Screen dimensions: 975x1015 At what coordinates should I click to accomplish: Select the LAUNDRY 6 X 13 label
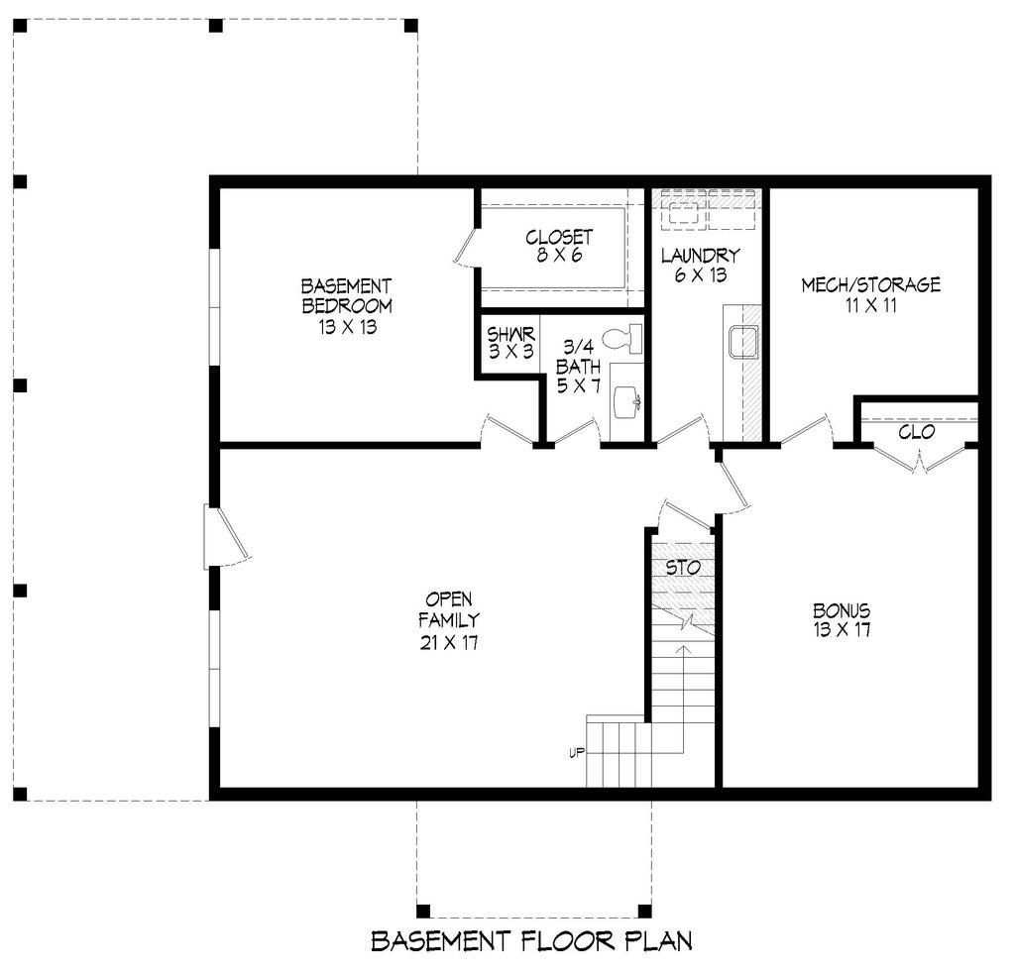[x=700, y=265]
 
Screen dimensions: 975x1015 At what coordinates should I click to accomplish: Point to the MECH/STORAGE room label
[x=870, y=295]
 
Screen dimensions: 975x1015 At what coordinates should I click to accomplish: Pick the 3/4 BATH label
[x=578, y=366]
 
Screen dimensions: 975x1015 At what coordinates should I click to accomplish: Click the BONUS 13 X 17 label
[x=842, y=620]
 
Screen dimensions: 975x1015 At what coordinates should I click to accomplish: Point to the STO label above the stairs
[x=683, y=569]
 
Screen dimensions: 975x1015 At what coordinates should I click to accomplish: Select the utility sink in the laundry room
[x=743, y=342]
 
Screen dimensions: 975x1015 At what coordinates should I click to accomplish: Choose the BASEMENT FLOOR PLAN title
[x=531, y=940]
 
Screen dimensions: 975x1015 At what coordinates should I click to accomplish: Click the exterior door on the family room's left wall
[x=224, y=537]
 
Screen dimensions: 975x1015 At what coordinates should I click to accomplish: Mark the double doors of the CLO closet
[x=919, y=459]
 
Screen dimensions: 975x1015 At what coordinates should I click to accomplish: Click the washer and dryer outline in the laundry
[x=708, y=209]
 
